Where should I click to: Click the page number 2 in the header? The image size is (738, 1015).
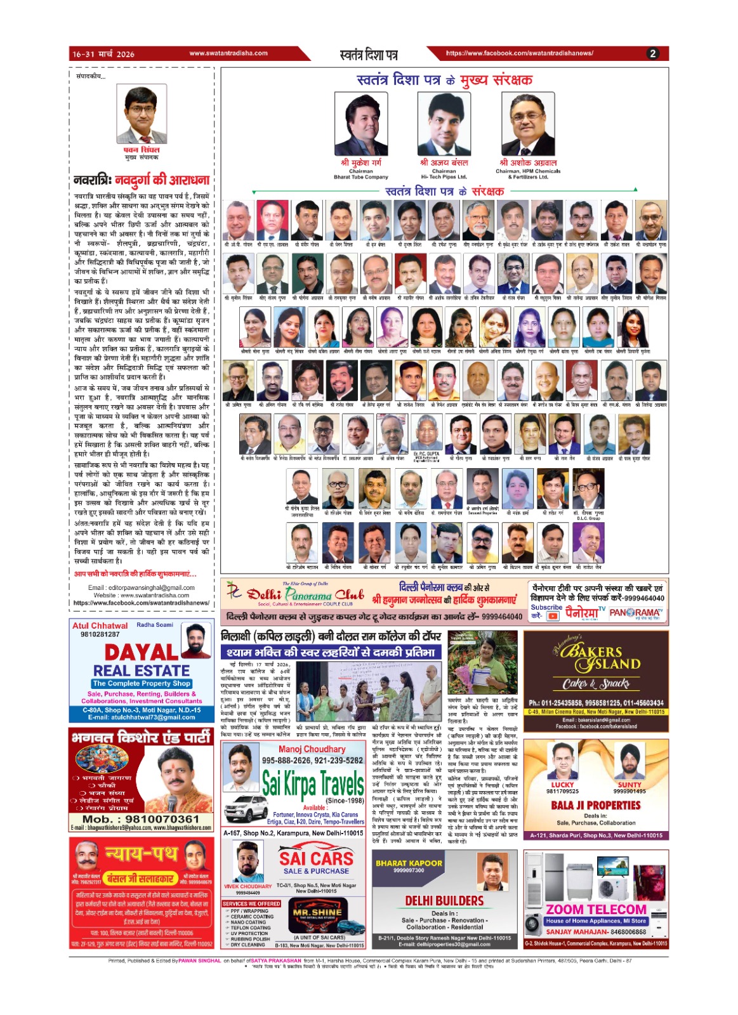(x=652, y=54)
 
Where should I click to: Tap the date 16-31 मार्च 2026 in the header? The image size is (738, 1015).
(x=103, y=54)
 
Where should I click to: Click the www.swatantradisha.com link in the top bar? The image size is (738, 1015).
(x=228, y=53)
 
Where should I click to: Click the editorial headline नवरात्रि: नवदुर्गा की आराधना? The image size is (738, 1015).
(x=141, y=180)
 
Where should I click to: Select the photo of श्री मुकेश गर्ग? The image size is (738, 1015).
(x=361, y=124)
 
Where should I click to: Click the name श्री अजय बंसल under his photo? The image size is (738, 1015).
(x=444, y=163)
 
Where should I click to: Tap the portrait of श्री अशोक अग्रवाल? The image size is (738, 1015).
(x=528, y=124)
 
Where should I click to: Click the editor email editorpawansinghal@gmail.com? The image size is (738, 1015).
(x=141, y=587)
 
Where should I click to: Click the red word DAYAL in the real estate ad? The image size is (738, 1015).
(x=141, y=652)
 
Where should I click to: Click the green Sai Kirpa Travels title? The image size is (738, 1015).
(x=313, y=784)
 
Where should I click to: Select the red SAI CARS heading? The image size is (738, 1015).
(x=316, y=858)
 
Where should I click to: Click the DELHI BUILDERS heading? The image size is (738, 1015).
(x=444, y=901)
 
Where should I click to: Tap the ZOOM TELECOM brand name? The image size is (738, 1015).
(x=596, y=910)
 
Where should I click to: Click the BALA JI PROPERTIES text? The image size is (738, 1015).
(x=596, y=805)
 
